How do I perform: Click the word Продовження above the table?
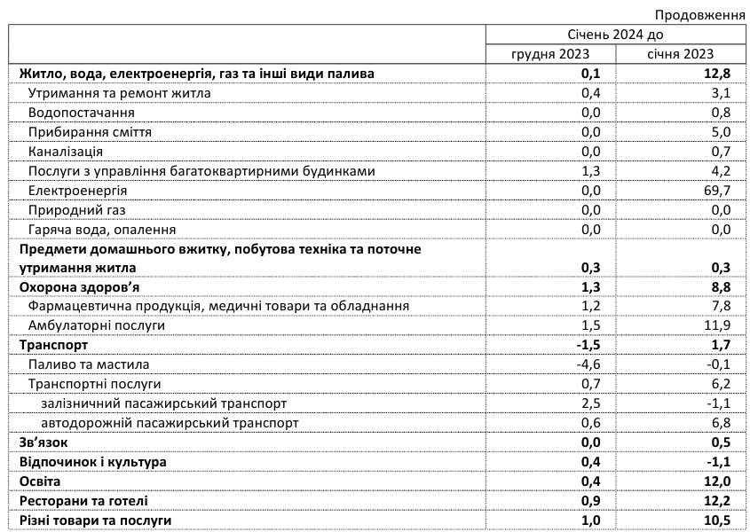click(699, 15)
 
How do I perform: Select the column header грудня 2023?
click(548, 54)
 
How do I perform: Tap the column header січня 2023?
click(681, 54)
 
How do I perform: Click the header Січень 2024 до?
click(614, 35)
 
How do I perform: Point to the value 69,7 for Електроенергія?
click(714, 191)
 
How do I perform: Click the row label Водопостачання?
click(82, 113)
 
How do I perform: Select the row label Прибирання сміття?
click(90, 132)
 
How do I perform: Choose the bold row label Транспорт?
click(53, 345)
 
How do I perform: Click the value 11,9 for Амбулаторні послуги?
click(714, 325)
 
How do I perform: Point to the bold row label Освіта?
click(41, 481)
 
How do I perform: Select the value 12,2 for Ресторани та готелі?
click(714, 500)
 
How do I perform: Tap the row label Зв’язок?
click(43, 442)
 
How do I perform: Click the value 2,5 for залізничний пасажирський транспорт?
click(590, 403)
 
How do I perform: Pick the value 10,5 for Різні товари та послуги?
click(714, 520)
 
